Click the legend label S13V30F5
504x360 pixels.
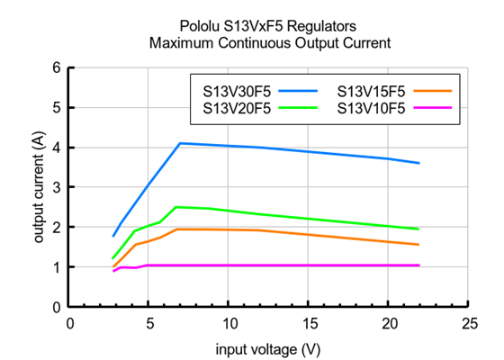[231, 91]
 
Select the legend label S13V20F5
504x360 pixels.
[231, 108]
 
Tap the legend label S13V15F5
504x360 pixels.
[371, 91]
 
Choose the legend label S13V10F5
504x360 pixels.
[371, 108]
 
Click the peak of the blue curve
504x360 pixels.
[180, 143]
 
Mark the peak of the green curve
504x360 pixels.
[176, 207]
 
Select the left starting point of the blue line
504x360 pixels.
[113, 236]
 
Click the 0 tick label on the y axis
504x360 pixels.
[57, 307]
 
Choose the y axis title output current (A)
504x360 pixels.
[39, 187]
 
